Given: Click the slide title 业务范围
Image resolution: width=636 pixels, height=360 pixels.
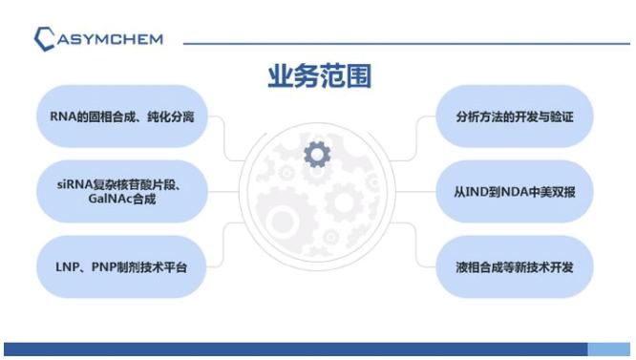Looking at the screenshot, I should (318, 77).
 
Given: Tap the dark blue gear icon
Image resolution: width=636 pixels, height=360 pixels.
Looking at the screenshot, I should (317, 153).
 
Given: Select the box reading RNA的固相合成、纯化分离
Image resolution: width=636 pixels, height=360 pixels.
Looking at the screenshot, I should (122, 116).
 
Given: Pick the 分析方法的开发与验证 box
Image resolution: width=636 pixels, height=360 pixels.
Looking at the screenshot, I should (515, 116).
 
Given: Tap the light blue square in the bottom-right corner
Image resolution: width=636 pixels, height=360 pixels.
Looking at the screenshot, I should (610, 350).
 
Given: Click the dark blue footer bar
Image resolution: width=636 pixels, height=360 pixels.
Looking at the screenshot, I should (286, 350).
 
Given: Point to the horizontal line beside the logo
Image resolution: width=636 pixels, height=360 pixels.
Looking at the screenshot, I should (401, 43).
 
